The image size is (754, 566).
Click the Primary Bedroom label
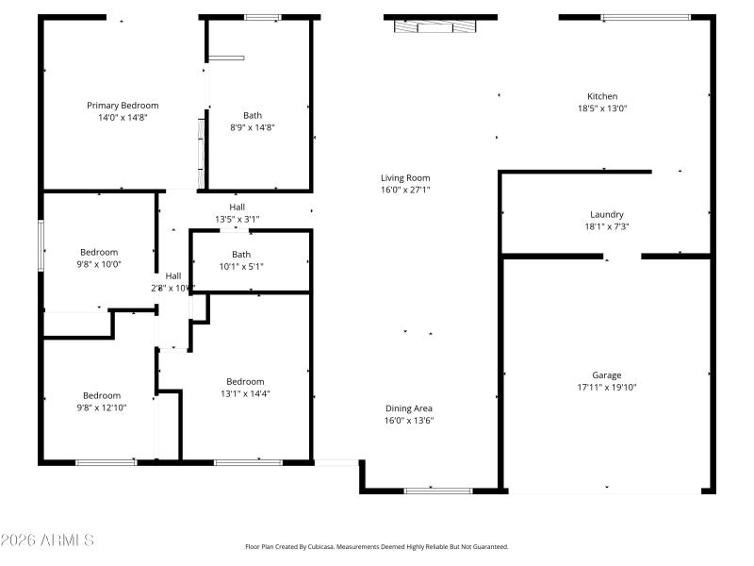click(123, 106)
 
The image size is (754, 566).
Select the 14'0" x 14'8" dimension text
click(123, 118)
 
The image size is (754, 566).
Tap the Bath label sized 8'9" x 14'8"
click(253, 115)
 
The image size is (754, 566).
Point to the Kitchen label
click(602, 96)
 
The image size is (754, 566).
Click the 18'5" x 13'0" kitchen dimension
click(602, 108)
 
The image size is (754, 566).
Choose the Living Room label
click(405, 177)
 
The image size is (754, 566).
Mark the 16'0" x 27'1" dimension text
click(405, 190)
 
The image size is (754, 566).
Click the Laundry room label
click(607, 214)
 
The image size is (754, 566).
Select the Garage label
click(607, 375)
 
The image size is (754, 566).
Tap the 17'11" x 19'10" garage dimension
click(607, 387)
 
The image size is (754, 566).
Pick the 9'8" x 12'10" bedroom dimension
click(101, 408)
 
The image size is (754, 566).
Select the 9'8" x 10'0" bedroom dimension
click(99, 264)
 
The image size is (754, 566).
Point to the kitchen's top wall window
click(646, 17)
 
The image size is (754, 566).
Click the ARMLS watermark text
click(47, 540)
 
